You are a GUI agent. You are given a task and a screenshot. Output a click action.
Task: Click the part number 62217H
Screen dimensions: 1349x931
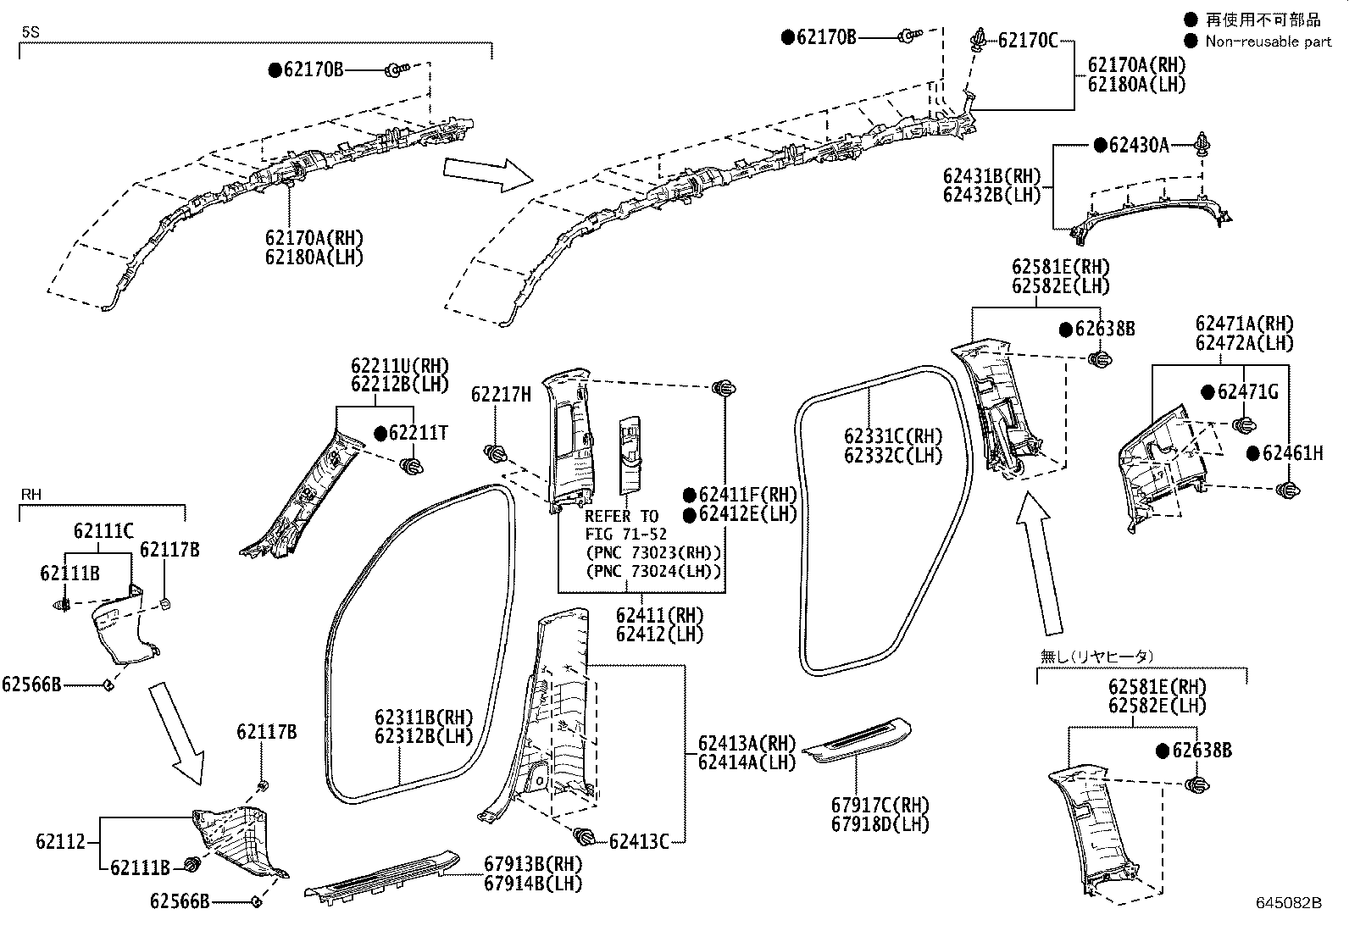click(501, 395)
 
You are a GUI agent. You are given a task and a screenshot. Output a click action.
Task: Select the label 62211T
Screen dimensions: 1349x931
click(418, 433)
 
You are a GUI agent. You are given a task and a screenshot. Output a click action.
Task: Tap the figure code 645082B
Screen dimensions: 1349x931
click(1288, 903)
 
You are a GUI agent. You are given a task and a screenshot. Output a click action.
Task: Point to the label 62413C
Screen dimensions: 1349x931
click(639, 841)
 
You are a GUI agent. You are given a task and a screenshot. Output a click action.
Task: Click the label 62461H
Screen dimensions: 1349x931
click(1292, 453)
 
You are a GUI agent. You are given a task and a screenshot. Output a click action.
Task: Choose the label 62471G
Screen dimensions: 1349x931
click(1248, 392)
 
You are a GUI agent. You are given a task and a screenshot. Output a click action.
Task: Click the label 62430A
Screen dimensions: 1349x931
click(1139, 145)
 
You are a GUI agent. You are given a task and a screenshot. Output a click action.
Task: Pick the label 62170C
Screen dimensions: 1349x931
click(1027, 41)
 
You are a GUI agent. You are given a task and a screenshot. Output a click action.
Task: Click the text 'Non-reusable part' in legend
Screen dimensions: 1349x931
click(1269, 42)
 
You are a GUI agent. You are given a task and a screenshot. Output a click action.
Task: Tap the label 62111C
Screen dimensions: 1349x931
click(103, 530)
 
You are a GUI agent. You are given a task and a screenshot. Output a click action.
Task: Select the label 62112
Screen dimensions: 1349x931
click(60, 841)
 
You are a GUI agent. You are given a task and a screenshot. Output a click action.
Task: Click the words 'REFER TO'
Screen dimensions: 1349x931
click(621, 516)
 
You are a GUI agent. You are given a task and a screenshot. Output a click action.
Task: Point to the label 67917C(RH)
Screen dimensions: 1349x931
click(880, 805)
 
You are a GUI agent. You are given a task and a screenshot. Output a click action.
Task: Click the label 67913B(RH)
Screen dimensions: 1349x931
click(533, 864)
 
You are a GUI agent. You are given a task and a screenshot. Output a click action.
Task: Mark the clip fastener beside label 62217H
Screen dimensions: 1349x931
click(495, 453)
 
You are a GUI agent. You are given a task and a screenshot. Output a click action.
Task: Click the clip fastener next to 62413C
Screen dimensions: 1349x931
click(583, 836)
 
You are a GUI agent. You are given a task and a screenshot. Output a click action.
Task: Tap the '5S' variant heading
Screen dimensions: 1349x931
click(31, 32)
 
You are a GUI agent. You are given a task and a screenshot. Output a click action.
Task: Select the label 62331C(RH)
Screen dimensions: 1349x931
click(893, 436)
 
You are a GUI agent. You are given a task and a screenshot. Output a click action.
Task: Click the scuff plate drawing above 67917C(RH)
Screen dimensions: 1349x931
click(857, 740)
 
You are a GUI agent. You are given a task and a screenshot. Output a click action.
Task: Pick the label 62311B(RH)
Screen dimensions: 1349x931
click(424, 718)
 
